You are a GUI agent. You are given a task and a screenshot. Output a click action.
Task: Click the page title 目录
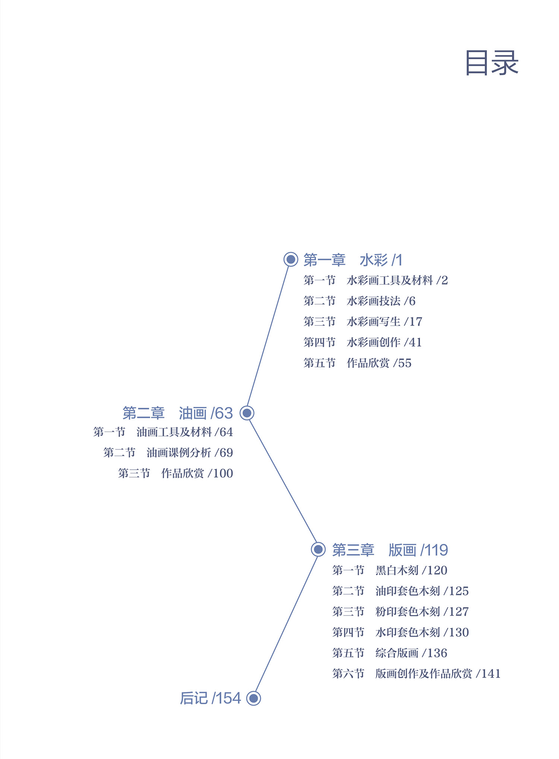point(492,63)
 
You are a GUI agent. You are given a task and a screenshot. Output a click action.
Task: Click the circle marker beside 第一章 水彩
point(291,259)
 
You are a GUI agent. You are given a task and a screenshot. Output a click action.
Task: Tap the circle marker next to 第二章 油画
point(247,413)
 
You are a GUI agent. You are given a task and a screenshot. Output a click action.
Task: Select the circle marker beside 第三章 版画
point(318,549)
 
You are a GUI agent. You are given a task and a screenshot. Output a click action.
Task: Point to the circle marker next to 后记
point(253,698)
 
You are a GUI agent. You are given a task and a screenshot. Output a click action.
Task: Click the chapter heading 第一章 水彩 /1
point(353,260)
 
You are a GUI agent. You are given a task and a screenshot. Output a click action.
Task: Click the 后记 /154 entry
point(210,698)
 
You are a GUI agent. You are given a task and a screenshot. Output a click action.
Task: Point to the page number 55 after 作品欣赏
point(405,363)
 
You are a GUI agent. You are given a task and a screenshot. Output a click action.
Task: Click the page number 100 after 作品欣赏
point(223,473)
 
